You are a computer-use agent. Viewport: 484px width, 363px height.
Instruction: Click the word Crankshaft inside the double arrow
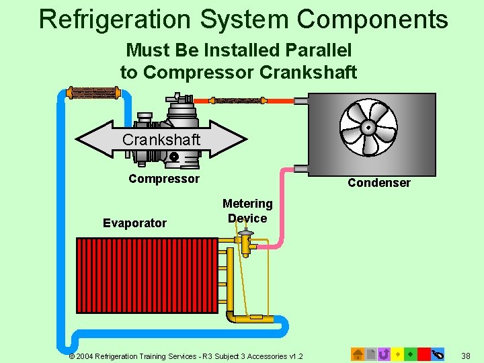pos(161,140)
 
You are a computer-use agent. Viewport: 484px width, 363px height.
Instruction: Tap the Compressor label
pos(163,179)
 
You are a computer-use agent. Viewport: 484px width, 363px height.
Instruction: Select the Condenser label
pos(378,183)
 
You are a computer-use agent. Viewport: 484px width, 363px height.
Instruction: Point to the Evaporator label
pos(134,223)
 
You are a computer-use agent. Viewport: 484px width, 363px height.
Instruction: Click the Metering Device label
pos(247,210)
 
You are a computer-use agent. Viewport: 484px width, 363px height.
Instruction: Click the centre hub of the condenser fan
pos(368,127)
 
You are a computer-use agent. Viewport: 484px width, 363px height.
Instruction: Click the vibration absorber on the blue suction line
pos(95,93)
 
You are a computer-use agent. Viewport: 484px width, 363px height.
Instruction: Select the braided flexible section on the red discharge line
pos(235,101)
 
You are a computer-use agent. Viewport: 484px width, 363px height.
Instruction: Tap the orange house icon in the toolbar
pos(358,354)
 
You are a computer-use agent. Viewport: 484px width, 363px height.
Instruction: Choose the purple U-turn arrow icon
pos(384,354)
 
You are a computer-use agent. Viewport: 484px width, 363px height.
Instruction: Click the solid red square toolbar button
pos(424,354)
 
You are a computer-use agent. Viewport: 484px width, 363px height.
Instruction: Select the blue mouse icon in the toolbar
pos(438,354)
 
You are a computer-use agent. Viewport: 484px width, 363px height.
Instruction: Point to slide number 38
pos(467,354)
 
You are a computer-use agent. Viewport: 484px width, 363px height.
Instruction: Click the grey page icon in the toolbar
pos(370,354)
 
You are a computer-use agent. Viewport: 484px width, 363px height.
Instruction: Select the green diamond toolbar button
pos(410,354)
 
